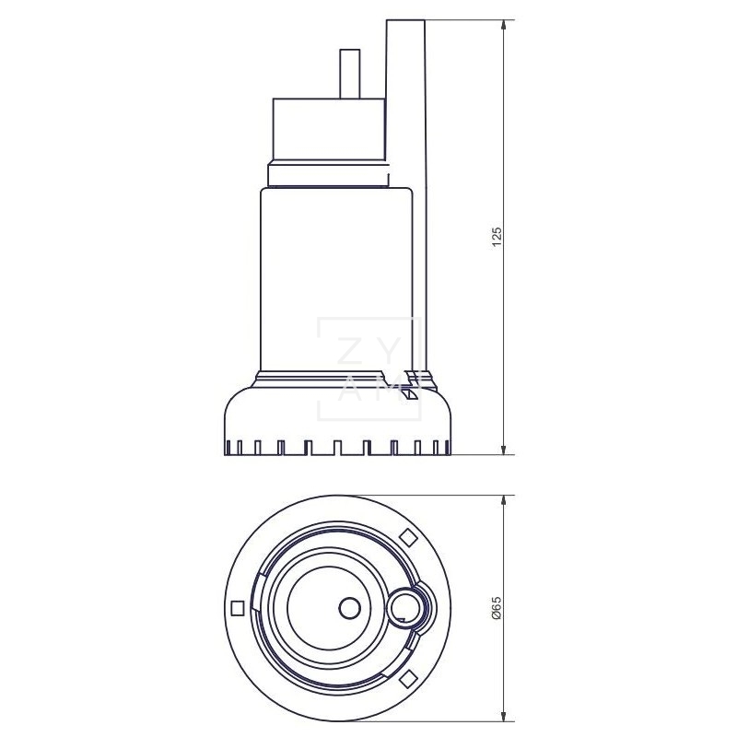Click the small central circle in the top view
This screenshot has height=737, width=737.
tap(349, 608)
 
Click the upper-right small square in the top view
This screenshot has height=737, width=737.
tap(406, 538)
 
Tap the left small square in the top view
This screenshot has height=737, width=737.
tap(239, 608)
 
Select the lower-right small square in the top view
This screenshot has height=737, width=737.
tap(406, 678)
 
